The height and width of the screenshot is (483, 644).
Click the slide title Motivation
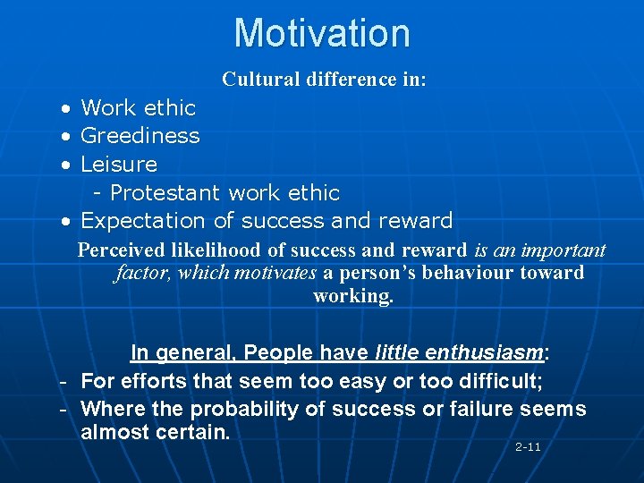point(322,33)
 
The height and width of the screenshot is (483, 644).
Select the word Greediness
point(140,136)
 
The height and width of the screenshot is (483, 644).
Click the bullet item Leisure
point(118,165)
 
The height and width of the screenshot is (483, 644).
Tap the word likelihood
point(211,250)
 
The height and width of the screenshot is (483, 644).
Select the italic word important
point(566,250)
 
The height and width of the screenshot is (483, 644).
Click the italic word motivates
point(275,273)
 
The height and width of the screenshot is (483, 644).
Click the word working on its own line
point(352,296)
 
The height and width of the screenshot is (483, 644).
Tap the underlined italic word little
point(394,353)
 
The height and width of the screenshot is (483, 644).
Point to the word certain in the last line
point(192,433)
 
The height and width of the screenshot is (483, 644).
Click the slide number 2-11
point(528,446)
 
